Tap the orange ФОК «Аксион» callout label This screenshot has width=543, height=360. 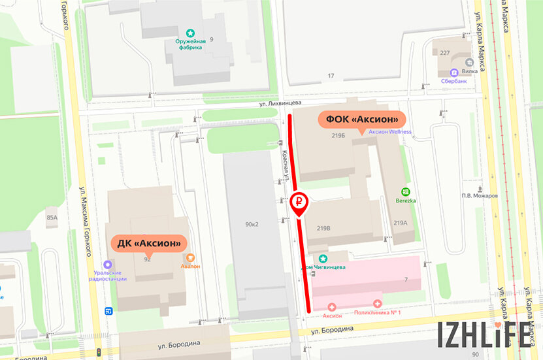click(x=362, y=120)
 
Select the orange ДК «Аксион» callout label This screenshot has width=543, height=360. click(x=149, y=243)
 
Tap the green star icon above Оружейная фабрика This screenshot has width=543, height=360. click(x=190, y=32)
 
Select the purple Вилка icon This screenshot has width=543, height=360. click(x=453, y=73)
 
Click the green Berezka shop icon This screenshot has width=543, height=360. click(x=405, y=192)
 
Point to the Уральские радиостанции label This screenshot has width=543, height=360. click(x=107, y=274)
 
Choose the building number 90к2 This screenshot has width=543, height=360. click(x=252, y=224)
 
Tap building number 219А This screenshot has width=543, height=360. click(x=401, y=223)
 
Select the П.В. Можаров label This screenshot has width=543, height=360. click(x=480, y=195)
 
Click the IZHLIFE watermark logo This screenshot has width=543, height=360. click(x=484, y=334)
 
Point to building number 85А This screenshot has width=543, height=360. click(x=52, y=218)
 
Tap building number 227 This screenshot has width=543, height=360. click(x=445, y=54)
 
